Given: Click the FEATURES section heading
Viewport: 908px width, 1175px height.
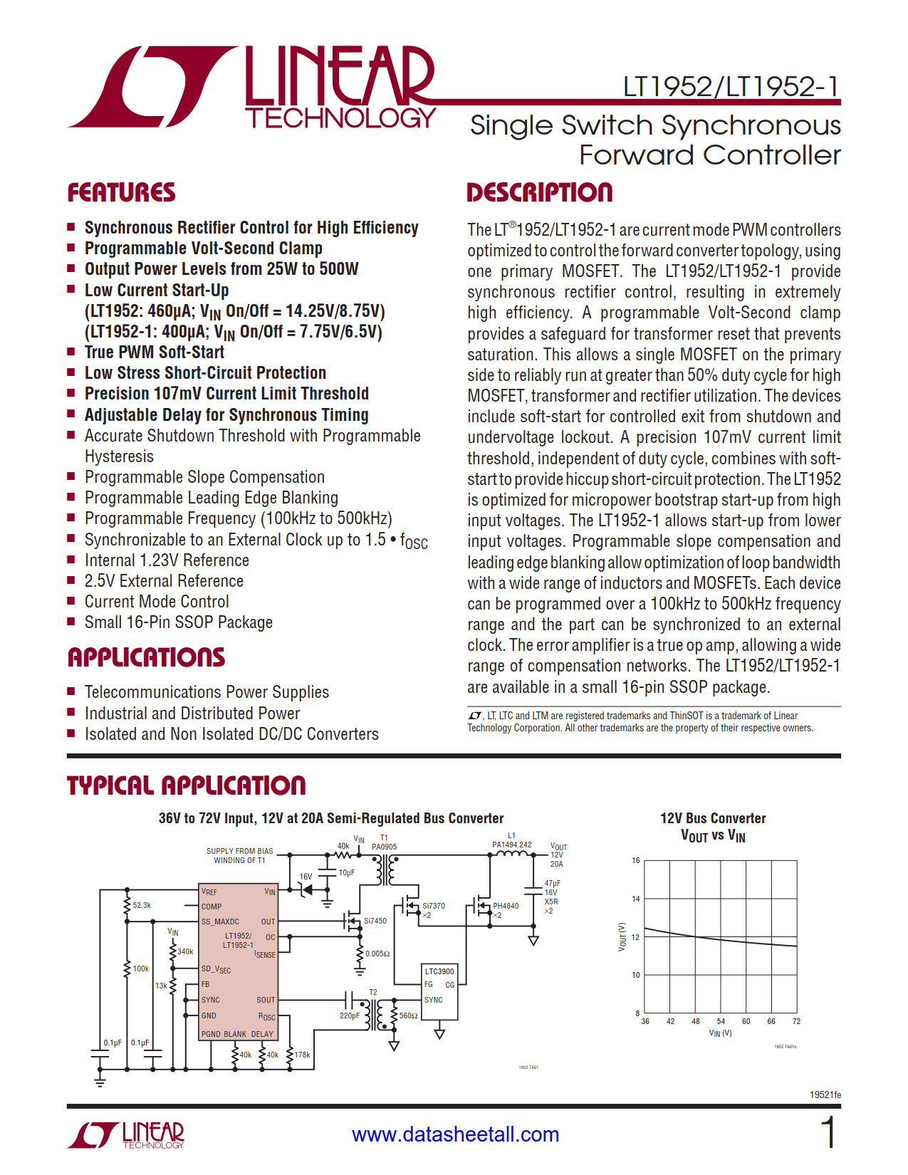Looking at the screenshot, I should pos(121,192).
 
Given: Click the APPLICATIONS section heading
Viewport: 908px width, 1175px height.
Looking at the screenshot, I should pos(146,657).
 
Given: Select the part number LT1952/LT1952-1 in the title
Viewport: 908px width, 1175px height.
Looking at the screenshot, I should pos(731,87).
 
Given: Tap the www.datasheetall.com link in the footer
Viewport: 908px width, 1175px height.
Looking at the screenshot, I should pos(455,1134).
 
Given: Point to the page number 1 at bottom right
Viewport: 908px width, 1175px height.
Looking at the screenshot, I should pos(828,1132).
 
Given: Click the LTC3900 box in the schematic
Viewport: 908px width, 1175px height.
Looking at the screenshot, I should pos(439,971).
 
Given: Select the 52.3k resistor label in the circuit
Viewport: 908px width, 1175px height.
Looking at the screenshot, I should pos(142,905).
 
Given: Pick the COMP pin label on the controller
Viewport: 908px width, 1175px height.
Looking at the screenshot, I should pos(212,907).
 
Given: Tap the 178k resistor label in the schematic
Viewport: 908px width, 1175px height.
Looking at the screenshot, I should pos(303,1055).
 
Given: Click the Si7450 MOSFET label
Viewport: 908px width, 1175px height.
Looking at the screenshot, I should pos(375,921).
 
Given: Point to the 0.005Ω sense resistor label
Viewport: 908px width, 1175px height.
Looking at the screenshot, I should pos(377,954).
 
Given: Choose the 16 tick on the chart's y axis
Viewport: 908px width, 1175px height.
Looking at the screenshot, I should pos(636,860).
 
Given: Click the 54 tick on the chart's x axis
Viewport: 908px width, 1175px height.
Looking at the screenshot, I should pos(721,1021).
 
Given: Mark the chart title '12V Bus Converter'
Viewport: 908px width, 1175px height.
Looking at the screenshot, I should pos(713,818).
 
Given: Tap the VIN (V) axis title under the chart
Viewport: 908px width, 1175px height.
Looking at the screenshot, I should pos(720,1033).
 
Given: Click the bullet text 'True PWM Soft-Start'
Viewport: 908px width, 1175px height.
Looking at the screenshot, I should pos(155,352).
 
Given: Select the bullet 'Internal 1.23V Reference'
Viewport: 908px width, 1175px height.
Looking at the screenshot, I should pos(167,560).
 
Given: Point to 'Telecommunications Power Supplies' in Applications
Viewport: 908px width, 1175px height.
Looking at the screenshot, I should pos(207,692).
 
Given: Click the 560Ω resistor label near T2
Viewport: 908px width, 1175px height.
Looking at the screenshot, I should pos(408,1015).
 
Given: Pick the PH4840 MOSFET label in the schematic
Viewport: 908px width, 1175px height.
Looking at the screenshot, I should pos(506,906).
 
